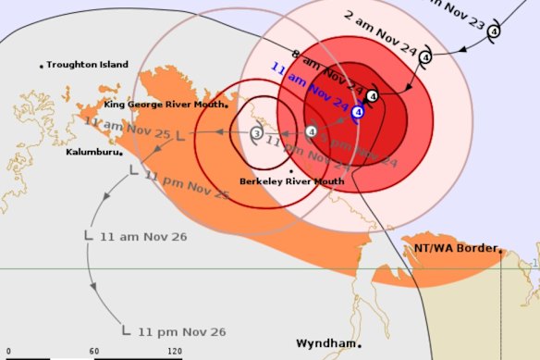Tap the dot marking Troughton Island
(42, 66)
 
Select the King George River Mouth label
(164, 105)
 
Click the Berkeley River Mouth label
(291, 181)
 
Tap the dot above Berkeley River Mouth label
(291, 171)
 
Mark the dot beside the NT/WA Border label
(499, 249)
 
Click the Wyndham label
(325, 343)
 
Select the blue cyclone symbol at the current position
(357, 112)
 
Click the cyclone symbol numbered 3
(256, 134)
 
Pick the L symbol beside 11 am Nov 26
(88, 235)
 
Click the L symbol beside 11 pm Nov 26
(126, 329)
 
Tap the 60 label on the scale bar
(94, 352)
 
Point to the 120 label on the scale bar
(174, 352)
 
